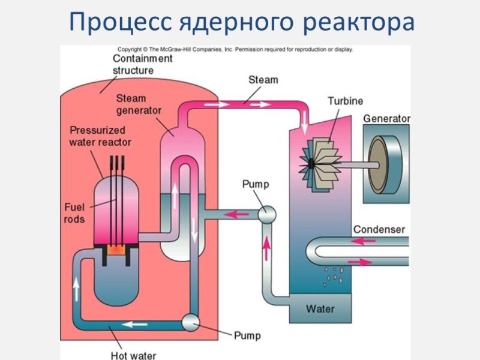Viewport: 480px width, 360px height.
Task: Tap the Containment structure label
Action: (143, 64)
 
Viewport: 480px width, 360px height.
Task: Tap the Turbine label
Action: (345, 101)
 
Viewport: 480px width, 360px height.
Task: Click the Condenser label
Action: (379, 229)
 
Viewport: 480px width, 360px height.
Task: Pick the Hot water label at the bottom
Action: (134, 355)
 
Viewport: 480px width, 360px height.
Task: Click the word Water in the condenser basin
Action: (320, 309)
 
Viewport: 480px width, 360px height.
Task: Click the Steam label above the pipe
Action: (263, 80)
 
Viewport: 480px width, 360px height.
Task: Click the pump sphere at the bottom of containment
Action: (191, 323)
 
